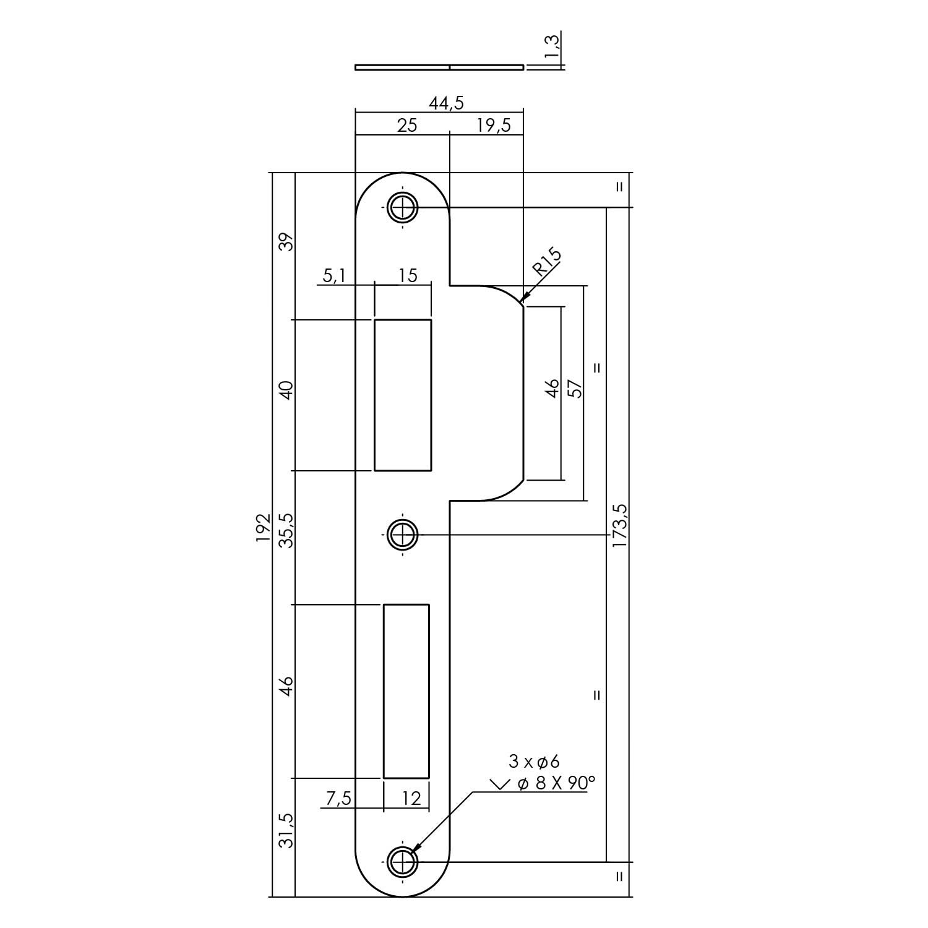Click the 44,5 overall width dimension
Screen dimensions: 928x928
pyautogui.click(x=446, y=103)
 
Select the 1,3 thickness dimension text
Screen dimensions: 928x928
pyautogui.click(x=553, y=48)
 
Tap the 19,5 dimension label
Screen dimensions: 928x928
pyautogui.click(x=494, y=126)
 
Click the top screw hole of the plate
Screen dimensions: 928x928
pyautogui.click(x=402, y=207)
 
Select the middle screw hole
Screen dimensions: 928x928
pyautogui.click(x=402, y=534)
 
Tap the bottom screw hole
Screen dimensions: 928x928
pyautogui.click(x=402, y=861)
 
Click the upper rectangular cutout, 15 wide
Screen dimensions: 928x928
pyautogui.click(x=402, y=395)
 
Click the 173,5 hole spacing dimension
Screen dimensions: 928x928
pyautogui.click(x=619, y=525)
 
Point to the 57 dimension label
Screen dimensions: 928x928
pyautogui.click(x=576, y=389)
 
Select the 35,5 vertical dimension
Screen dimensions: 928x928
pyautogui.click(x=286, y=530)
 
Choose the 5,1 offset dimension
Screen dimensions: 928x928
pyautogui.click(x=335, y=275)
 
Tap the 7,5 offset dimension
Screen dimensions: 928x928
pyautogui.click(x=338, y=799)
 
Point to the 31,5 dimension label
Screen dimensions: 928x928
pyautogui.click(x=286, y=831)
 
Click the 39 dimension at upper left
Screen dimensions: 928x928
pyautogui.click(x=286, y=241)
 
